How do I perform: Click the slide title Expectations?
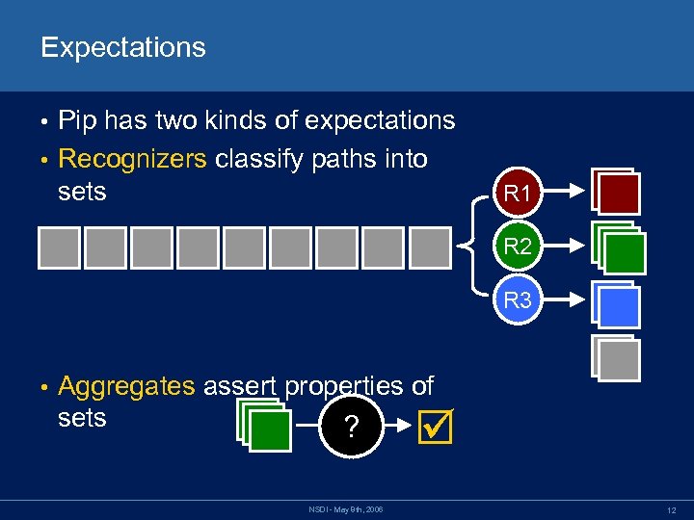(122, 47)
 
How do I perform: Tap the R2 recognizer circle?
(518, 246)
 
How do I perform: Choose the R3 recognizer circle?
(518, 299)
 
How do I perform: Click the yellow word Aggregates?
(126, 386)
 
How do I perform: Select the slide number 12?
(668, 508)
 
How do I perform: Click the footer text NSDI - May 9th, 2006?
(346, 508)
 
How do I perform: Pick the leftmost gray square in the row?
(60, 247)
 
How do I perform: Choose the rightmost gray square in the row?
(429, 247)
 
